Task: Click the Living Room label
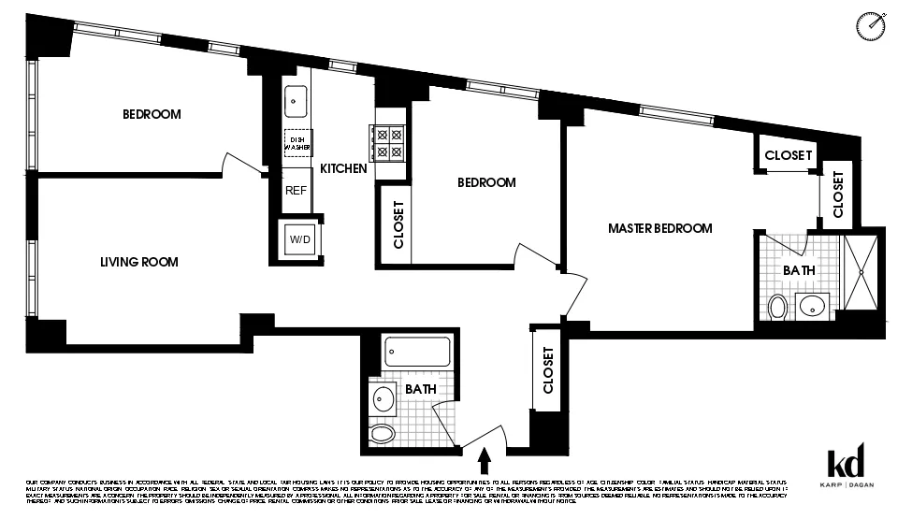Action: (x=139, y=262)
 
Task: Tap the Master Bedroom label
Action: (x=660, y=228)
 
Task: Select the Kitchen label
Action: (x=343, y=169)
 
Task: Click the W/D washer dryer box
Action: (x=300, y=240)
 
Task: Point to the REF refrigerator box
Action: (x=297, y=191)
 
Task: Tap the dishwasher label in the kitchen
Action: (x=297, y=142)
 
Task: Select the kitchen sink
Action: (x=297, y=98)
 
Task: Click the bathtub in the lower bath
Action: (x=417, y=352)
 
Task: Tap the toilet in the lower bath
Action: (x=382, y=432)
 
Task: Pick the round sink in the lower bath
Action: (x=383, y=398)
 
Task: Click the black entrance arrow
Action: (x=485, y=460)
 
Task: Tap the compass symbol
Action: (x=870, y=26)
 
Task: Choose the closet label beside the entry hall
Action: (x=548, y=370)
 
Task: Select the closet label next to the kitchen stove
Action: (x=398, y=224)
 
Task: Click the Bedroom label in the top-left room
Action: (x=152, y=114)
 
